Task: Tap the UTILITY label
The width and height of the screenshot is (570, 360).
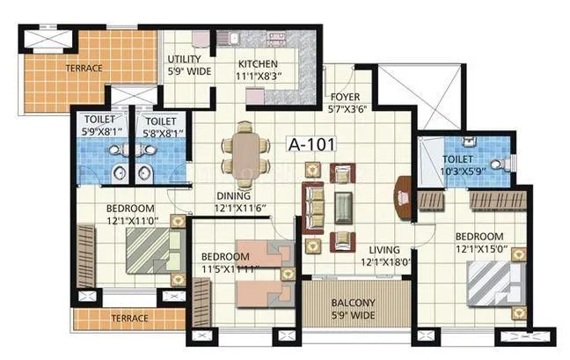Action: tap(188, 60)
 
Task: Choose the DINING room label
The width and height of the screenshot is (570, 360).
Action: tap(234, 195)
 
